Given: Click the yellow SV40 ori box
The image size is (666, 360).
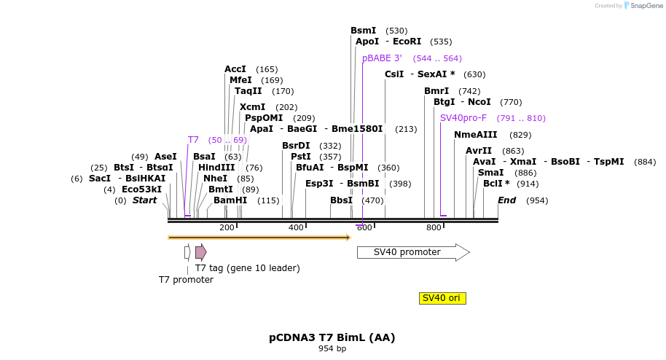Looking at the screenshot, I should pyautogui.click(x=443, y=298).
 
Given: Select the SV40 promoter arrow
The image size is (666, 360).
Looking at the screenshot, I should pyautogui.click(x=412, y=252).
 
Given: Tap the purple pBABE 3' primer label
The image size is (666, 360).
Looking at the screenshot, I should pyautogui.click(x=382, y=58).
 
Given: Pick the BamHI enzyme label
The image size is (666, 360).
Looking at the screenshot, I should pyautogui.click(x=230, y=200).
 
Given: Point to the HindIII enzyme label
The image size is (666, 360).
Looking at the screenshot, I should pyautogui.click(x=216, y=168).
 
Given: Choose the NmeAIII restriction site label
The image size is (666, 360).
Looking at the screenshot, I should pyautogui.click(x=475, y=135).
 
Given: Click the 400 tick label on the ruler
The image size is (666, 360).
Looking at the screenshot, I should pyautogui.click(x=296, y=228).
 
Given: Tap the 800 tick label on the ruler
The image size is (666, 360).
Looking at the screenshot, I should pyautogui.click(x=434, y=228).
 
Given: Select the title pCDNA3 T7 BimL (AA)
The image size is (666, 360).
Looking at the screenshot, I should pyautogui.click(x=332, y=337).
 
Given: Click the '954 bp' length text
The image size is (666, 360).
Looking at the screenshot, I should pyautogui.click(x=332, y=349).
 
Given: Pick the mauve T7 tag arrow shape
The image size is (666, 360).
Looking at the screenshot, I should pyautogui.click(x=200, y=252).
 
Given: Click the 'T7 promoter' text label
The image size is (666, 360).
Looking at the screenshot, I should pyautogui.click(x=186, y=280).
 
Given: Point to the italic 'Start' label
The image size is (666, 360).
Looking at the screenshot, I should pyautogui.click(x=144, y=200).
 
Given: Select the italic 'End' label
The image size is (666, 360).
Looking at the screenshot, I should pyautogui.click(x=506, y=200).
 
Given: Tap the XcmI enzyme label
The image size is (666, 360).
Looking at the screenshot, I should pyautogui.click(x=252, y=107).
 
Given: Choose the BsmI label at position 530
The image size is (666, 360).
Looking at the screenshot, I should pyautogui.click(x=363, y=31).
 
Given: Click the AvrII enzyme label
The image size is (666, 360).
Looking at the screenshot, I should pyautogui.click(x=479, y=151).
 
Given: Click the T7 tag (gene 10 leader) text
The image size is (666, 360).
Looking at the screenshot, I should pyautogui.click(x=247, y=268).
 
